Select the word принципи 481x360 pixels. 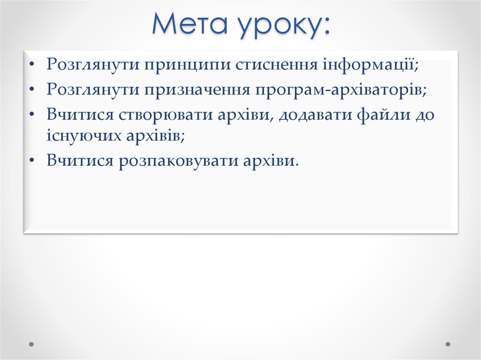187,64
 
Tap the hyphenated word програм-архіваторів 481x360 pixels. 341,90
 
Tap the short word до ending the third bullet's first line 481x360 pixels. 424,115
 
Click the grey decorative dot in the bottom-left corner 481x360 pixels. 31,344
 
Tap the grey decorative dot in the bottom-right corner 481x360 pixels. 448,344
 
